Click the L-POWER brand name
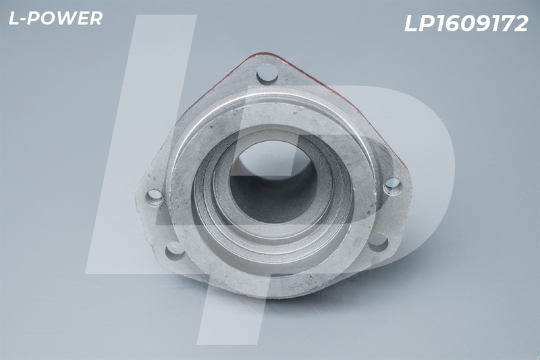click(x=55, y=18)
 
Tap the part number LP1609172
click(x=466, y=24)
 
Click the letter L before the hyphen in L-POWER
click(x=14, y=18)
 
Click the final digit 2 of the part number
click(x=519, y=24)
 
